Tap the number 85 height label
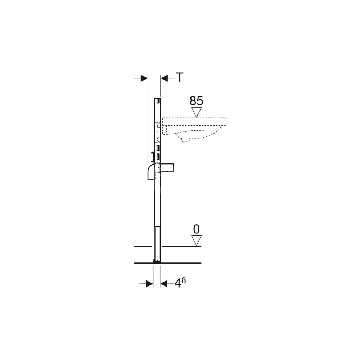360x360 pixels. (196, 101)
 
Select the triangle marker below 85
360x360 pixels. (196, 112)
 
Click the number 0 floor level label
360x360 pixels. (196, 229)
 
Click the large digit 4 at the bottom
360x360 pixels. (177, 283)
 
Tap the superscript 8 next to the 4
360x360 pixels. (184, 280)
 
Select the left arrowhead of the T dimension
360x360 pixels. (144, 78)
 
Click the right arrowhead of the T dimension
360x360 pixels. (165, 78)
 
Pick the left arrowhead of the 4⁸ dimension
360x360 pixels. (149, 284)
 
